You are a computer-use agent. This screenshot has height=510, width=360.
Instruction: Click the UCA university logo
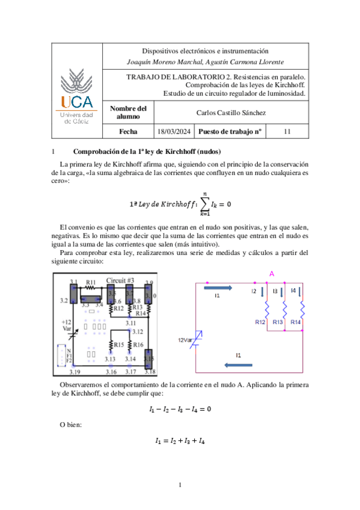[77, 96]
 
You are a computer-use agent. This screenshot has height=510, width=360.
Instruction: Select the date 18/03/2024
[174, 131]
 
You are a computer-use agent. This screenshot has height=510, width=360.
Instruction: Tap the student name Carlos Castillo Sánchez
[231, 112]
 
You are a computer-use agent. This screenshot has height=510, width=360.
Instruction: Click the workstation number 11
[287, 131]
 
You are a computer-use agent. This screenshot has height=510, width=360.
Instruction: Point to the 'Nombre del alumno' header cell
[128, 112]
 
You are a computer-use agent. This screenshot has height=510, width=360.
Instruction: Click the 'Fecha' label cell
[128, 131]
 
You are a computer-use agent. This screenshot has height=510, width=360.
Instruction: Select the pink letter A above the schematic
[272, 274]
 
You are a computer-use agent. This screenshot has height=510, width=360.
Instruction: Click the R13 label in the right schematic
[278, 322]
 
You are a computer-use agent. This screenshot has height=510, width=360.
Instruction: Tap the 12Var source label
[185, 340]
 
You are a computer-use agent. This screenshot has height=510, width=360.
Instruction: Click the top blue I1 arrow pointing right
[218, 288]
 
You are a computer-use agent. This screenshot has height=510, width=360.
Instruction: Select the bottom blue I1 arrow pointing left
[239, 365]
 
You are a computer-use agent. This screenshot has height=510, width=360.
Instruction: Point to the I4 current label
[293, 290]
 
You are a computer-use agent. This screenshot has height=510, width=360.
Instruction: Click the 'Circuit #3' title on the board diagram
[120, 280]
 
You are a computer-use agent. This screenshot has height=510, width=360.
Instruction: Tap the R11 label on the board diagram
[91, 282]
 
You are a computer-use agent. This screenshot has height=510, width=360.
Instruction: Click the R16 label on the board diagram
[138, 345]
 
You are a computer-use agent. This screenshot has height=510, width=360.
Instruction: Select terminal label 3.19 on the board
[75, 372]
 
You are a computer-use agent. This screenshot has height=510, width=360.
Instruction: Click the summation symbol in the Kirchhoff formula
[204, 204]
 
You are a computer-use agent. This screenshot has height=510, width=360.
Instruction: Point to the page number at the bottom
[180, 485]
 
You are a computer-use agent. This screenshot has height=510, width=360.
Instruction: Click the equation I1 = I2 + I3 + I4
[180, 441]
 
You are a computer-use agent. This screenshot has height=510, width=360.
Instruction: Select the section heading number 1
[53, 152]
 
